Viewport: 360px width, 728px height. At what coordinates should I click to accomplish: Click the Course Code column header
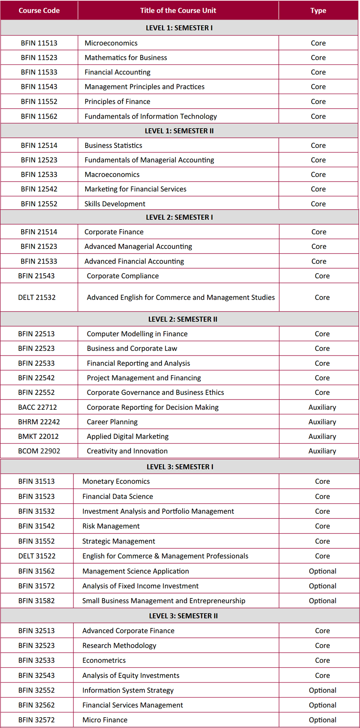tap(39, 11)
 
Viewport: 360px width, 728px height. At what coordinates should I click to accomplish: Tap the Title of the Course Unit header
tap(178, 11)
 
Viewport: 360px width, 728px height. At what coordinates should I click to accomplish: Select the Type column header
tap(318, 11)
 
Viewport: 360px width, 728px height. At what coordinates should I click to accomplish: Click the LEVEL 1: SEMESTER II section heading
tap(179, 131)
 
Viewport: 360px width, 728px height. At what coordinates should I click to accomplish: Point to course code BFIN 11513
tap(39, 43)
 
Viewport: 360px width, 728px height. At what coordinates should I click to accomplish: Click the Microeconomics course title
tap(111, 43)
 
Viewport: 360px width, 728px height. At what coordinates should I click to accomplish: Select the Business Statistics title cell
tap(113, 145)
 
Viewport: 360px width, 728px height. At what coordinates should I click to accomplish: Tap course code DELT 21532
tap(37, 297)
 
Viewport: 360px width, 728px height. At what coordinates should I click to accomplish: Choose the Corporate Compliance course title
tap(123, 276)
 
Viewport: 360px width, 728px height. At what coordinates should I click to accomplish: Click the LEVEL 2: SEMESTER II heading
tap(182, 319)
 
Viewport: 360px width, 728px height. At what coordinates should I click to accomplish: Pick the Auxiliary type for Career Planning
tap(322, 422)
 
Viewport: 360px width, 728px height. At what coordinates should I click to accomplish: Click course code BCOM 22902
tap(39, 451)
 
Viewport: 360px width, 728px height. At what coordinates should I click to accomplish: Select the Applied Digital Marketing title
tap(127, 437)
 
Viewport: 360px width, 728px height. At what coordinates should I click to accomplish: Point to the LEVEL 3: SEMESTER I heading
tap(180, 467)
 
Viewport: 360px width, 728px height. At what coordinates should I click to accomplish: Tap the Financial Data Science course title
tap(117, 496)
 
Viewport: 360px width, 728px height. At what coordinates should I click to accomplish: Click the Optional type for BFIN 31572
tap(322, 586)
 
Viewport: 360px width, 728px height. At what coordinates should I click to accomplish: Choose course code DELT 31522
tap(37, 556)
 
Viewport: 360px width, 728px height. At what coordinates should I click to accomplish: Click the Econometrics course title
tap(104, 660)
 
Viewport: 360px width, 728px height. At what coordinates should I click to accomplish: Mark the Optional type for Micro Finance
tap(322, 720)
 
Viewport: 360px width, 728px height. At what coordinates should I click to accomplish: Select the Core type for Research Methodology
tap(322, 646)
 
